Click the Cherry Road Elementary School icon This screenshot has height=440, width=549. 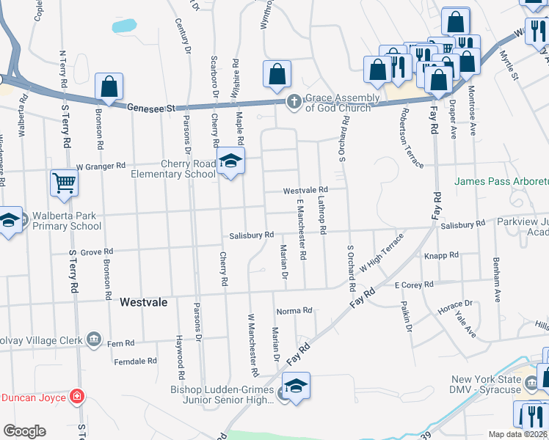(230, 164)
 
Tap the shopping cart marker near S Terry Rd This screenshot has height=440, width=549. (64, 183)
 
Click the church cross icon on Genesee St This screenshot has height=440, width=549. (294, 102)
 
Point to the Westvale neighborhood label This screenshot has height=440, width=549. (144, 301)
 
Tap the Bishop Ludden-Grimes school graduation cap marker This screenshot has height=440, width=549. (296, 386)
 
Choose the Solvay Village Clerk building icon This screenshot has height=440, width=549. (94, 338)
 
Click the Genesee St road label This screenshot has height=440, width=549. (152, 107)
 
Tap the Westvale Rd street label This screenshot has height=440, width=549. (305, 190)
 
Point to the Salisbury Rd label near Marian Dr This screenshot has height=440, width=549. (251, 235)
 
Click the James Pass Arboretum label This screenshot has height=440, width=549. (501, 181)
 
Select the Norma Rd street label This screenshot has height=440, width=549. (295, 312)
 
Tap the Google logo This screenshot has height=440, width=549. (24, 431)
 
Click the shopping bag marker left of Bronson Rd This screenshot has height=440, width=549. (109, 87)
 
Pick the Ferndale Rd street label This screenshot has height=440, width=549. (136, 361)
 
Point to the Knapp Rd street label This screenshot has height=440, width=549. (441, 256)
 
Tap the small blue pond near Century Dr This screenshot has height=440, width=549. (124, 25)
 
